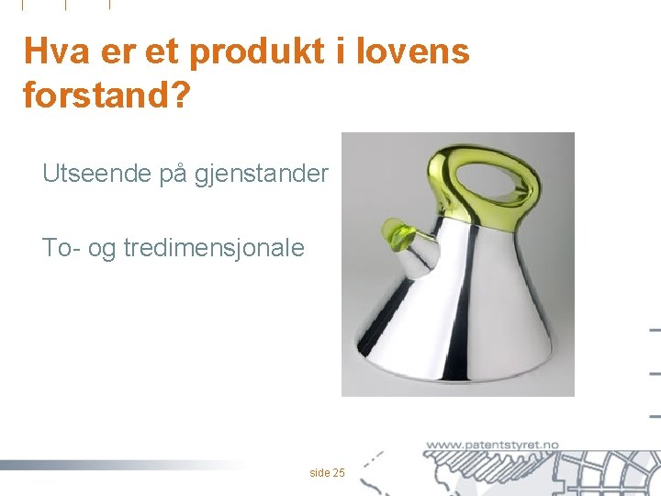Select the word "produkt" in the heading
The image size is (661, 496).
click(256, 51)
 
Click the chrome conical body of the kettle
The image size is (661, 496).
click(459, 312)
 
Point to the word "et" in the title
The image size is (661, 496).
click(162, 51)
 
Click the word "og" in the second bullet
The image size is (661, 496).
click(102, 247)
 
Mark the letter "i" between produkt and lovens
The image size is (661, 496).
click(340, 51)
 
